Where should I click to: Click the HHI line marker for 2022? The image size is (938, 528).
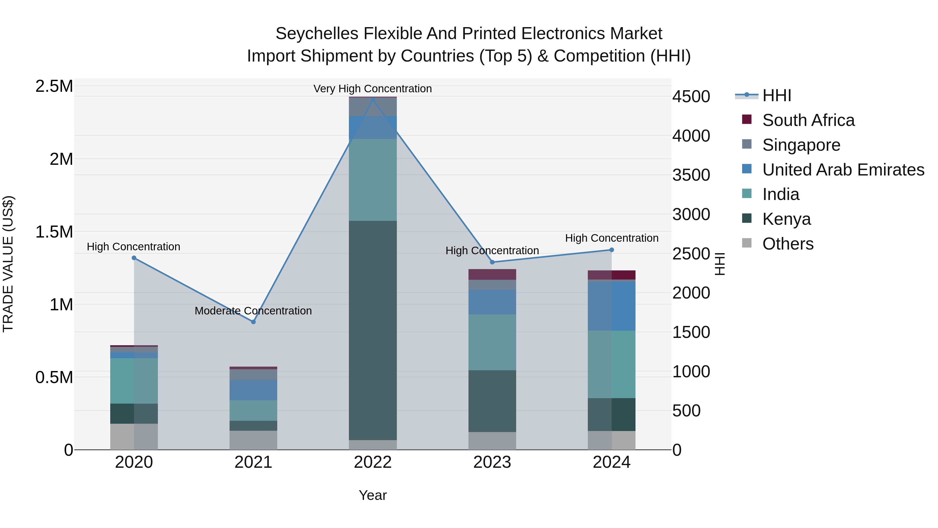pos(373,100)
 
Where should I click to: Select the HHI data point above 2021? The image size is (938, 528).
pos(254,322)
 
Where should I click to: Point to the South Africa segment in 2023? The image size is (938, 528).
pos(492,274)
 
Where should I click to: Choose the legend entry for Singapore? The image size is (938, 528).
pos(801,145)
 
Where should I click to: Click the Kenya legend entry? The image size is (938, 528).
pos(787,219)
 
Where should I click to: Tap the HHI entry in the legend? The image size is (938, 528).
pos(776,95)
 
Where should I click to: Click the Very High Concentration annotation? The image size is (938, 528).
pos(373,89)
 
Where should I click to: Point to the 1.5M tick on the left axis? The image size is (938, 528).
pos(54,232)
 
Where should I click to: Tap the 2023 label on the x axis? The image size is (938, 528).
pos(492,462)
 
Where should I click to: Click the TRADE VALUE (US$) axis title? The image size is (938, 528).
pos(8,264)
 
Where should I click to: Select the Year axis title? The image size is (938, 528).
pos(373,495)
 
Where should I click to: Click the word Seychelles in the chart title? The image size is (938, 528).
pos(317,34)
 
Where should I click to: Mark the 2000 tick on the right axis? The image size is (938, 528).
pos(691,293)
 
